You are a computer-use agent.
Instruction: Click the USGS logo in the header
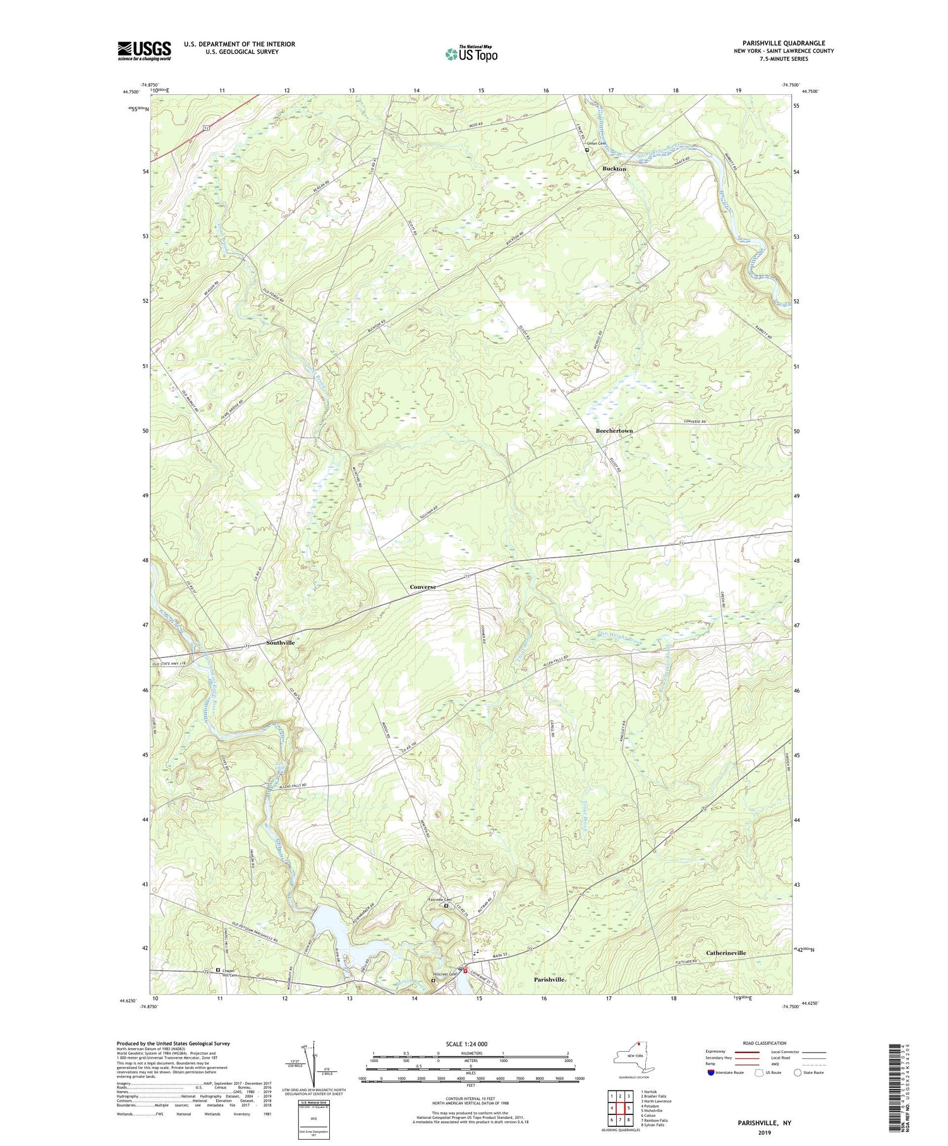[144, 51]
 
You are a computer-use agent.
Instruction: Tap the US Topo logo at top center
[471, 54]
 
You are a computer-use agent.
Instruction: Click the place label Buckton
[614, 169]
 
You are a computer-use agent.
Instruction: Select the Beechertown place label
[614, 430]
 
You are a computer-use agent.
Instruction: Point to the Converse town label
[422, 587]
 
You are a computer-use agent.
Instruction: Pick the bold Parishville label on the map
[549, 979]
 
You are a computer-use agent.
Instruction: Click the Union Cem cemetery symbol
[586, 150]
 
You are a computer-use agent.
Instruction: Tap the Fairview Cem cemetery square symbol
[446, 905]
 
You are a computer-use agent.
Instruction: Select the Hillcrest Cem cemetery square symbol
[433, 980]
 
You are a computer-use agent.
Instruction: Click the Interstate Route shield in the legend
[710, 1072]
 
